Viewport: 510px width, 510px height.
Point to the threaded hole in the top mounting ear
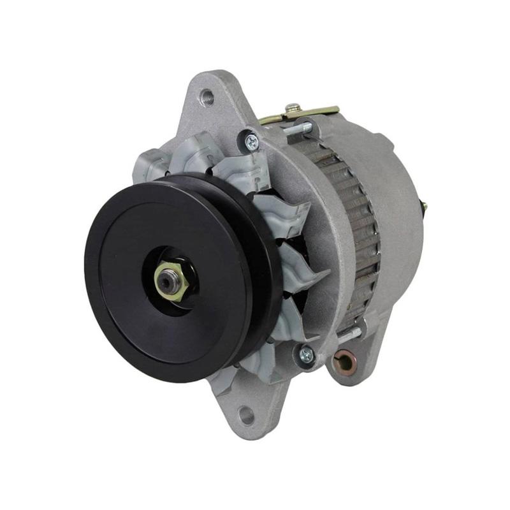[207, 98]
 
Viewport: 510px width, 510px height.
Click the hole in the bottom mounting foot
[246, 416]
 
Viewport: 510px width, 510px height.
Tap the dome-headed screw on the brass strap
[293, 108]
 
